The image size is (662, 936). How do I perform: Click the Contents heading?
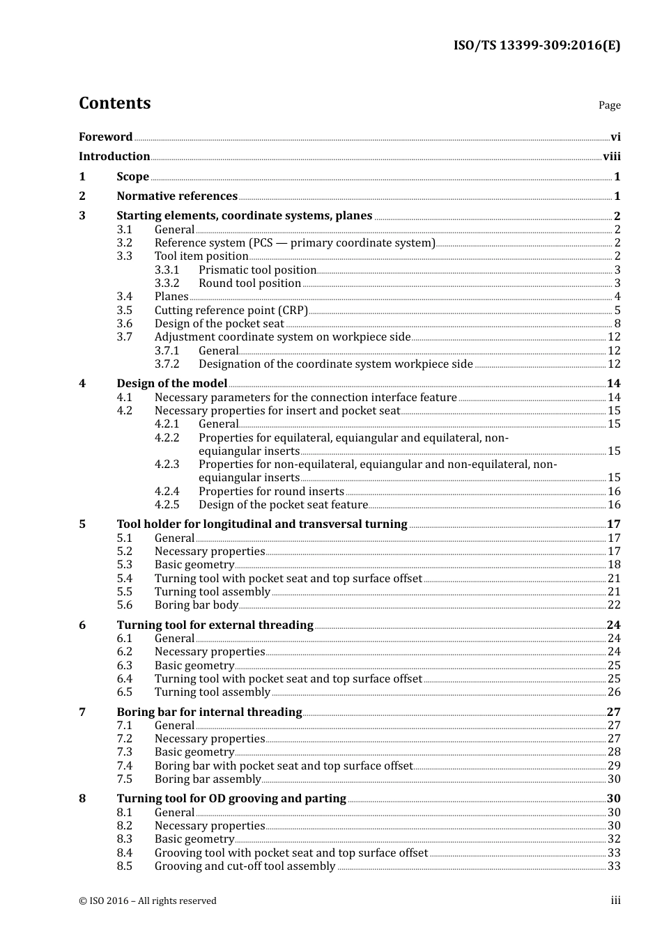114,103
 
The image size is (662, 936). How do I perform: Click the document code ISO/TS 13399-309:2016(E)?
537,45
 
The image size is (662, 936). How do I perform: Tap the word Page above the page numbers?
609,105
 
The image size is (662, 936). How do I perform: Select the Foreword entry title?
105,136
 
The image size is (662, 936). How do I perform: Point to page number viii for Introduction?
611,156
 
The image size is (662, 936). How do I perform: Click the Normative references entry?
177,196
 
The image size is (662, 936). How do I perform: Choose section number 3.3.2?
167,283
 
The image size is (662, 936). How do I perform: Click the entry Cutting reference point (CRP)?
231,310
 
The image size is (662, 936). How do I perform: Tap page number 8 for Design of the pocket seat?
617,323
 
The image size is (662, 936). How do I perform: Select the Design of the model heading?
172,383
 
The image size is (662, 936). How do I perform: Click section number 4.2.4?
167,491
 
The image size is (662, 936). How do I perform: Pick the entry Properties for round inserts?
271,491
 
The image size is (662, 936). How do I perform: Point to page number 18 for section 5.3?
613,564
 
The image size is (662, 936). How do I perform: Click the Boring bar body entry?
197,604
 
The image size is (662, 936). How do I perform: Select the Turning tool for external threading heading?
215,625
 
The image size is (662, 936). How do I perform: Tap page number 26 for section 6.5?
613,692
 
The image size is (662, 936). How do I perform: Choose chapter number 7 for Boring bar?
82,712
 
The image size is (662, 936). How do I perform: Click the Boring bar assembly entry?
208,779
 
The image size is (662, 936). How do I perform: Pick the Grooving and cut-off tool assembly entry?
245,866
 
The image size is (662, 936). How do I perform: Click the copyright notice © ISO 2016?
147,900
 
